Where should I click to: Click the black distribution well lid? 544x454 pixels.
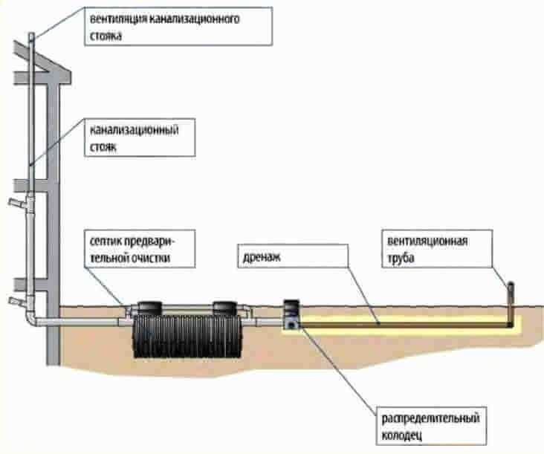[290, 305]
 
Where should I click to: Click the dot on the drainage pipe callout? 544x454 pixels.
[378, 323]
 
